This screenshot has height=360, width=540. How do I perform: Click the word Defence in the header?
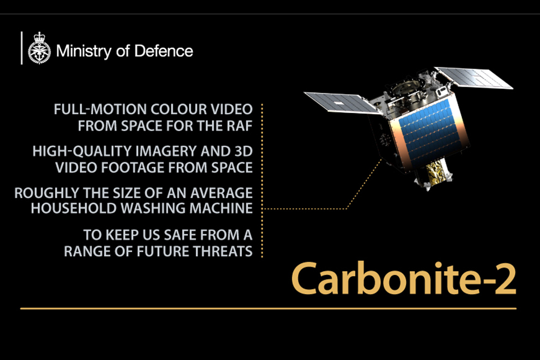[164, 51]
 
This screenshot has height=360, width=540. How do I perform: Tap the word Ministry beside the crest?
[84, 52]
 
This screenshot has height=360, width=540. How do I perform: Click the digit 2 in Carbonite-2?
[505, 279]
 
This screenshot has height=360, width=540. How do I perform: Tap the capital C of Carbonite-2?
[305, 278]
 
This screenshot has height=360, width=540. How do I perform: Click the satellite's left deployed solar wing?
[342, 103]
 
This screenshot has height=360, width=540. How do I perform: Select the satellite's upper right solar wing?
[473, 78]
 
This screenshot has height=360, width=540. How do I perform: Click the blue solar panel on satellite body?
[429, 132]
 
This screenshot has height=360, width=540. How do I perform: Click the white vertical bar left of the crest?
[22, 48]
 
